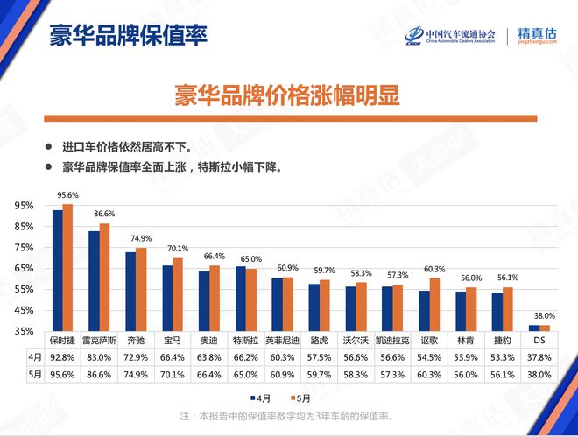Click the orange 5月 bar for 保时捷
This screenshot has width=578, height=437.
(x=67, y=267)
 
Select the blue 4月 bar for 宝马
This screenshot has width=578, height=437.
(x=167, y=298)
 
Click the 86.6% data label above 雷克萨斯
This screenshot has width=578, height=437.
(x=104, y=214)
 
